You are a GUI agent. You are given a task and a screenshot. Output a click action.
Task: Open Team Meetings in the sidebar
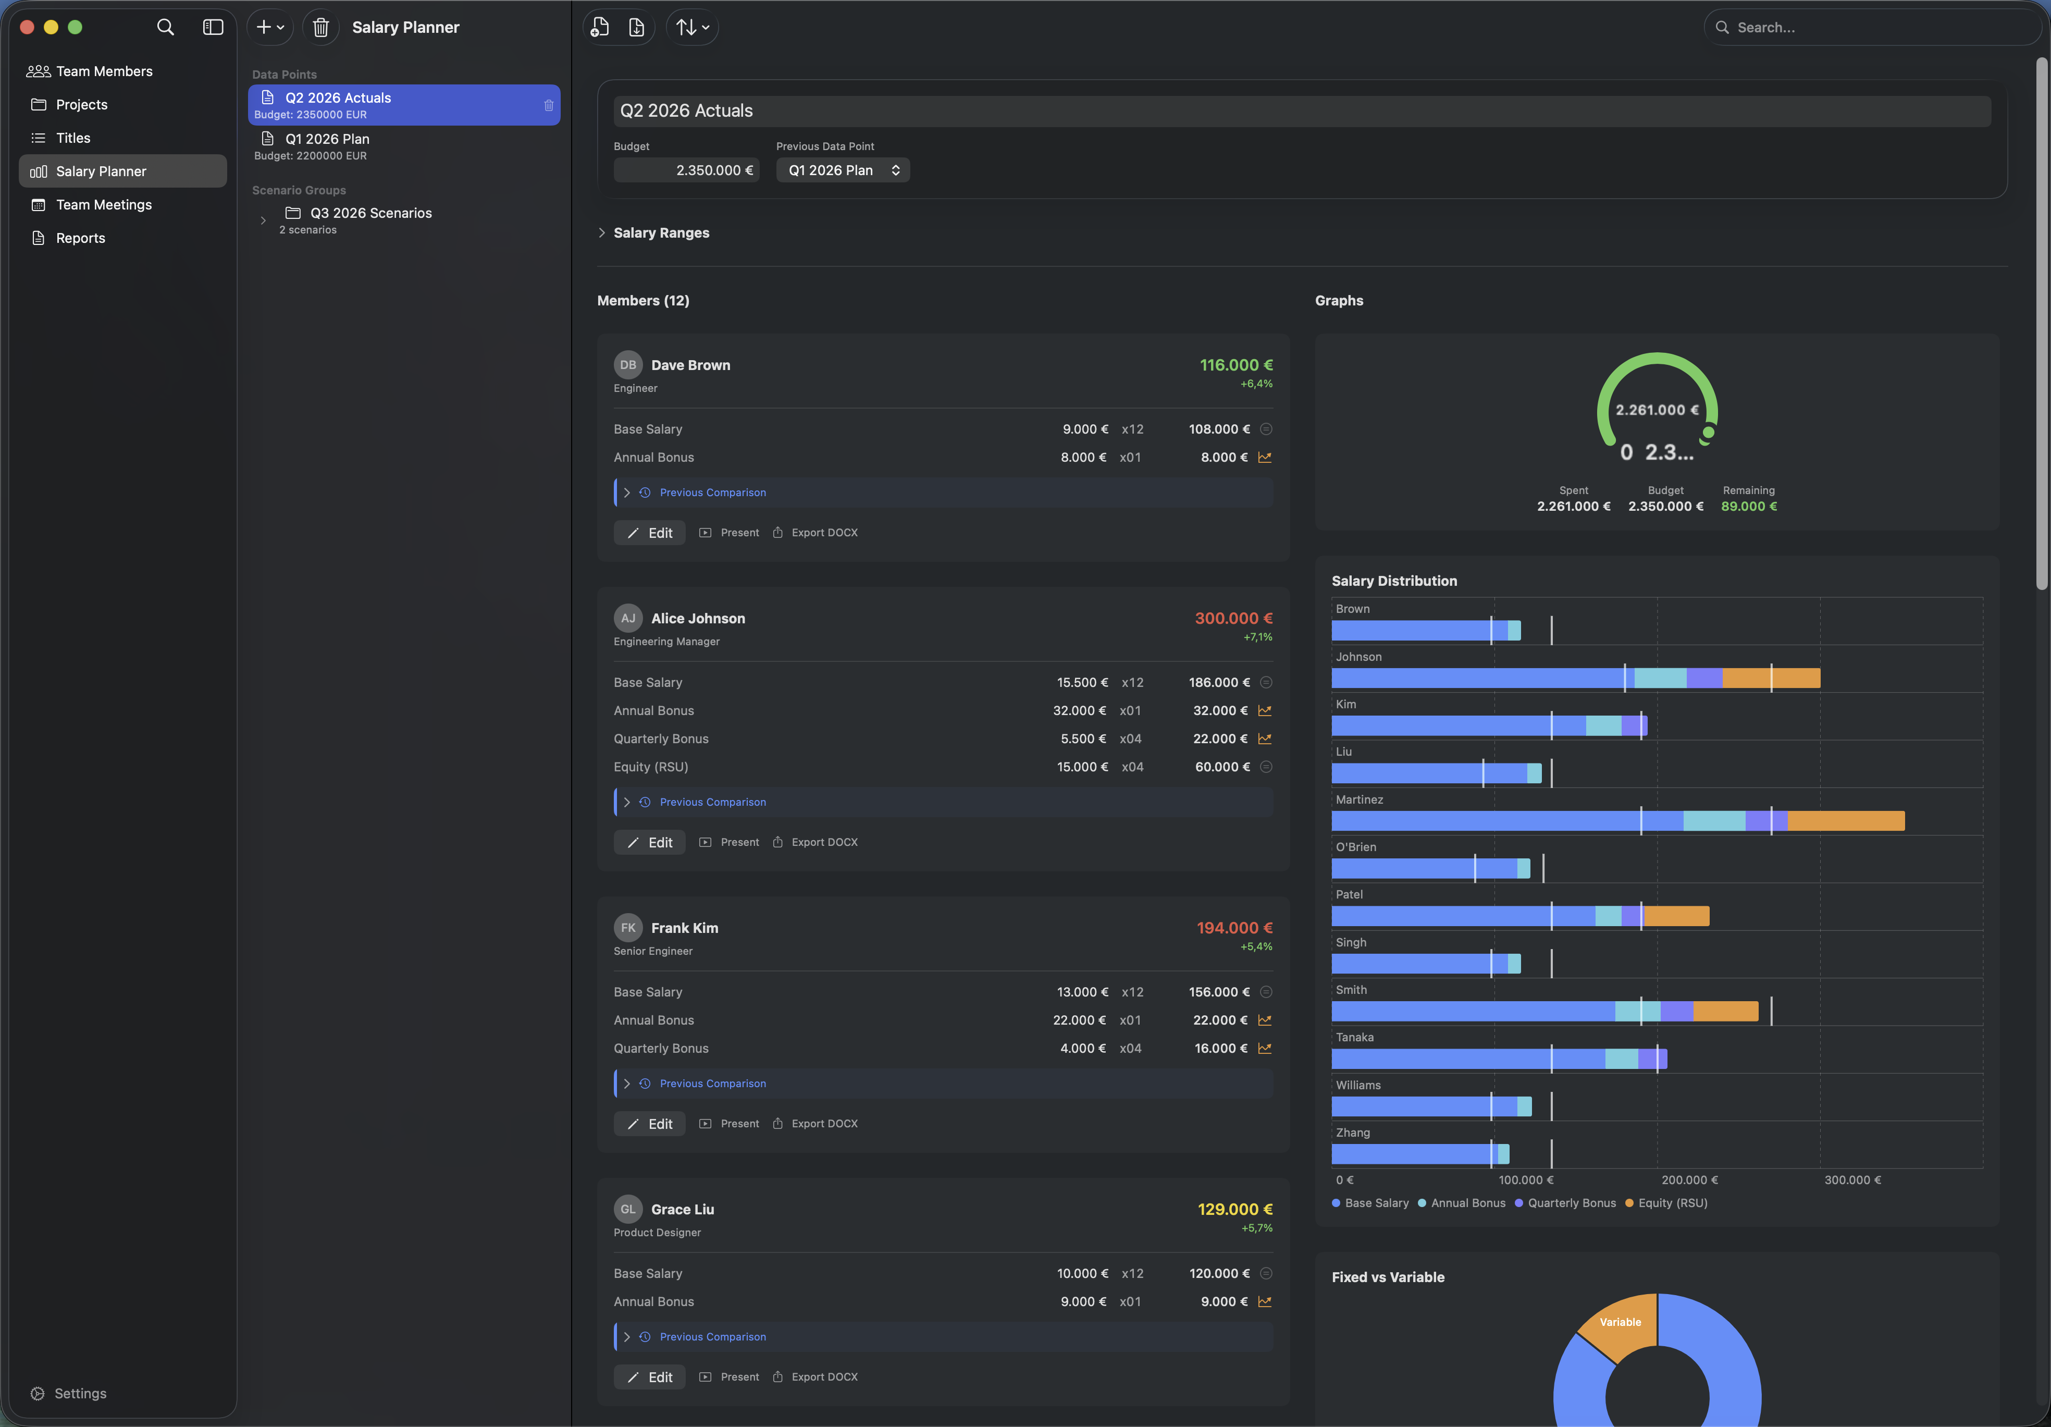(104, 205)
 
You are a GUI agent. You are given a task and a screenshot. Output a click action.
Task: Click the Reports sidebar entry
(80, 238)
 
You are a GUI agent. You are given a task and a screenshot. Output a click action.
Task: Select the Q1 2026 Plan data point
(327, 139)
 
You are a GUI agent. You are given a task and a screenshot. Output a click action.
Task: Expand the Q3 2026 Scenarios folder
(263, 220)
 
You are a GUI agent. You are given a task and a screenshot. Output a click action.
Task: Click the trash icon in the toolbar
(320, 28)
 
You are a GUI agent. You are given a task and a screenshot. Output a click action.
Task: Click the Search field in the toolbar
(1876, 28)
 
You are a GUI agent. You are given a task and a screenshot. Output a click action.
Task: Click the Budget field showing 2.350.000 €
(686, 170)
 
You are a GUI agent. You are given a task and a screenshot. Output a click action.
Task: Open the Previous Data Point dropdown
(843, 170)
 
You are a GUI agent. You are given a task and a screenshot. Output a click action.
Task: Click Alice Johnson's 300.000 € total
(1233, 618)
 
